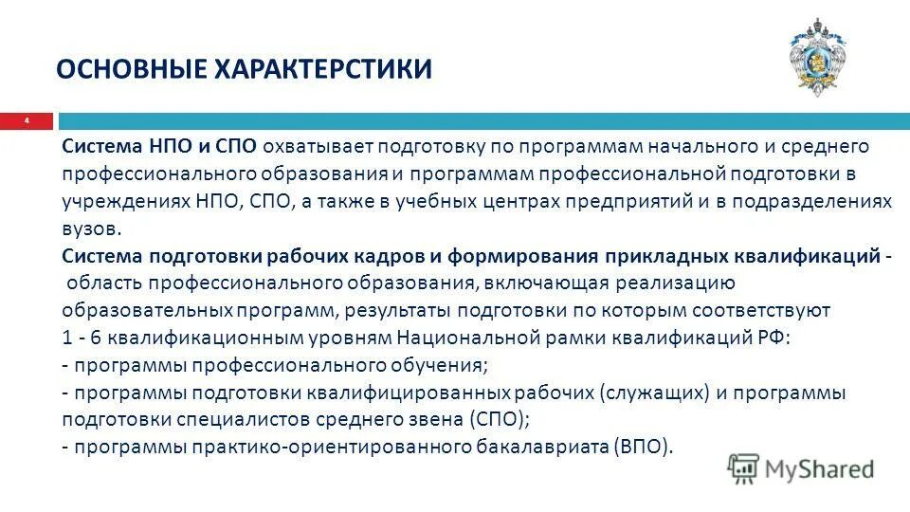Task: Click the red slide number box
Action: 27,121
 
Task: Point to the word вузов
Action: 92,229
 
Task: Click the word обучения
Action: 438,365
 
